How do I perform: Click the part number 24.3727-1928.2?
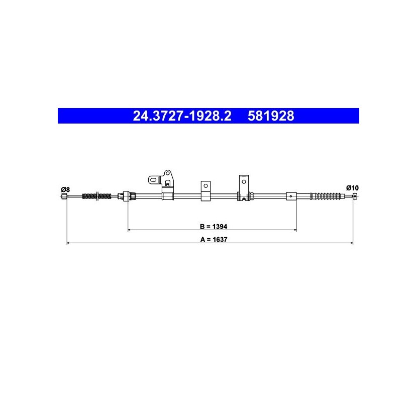[x=182, y=116]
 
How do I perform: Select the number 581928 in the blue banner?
[x=271, y=116]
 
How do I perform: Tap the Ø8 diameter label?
[x=65, y=189]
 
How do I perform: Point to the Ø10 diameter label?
[x=352, y=188]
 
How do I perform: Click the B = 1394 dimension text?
[x=214, y=227]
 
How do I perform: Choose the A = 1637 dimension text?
[x=214, y=240]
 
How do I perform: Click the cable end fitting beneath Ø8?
[x=64, y=196]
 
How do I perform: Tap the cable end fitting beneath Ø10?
[x=355, y=196]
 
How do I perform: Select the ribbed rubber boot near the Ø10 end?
[x=326, y=196]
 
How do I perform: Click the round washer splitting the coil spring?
[x=97, y=196]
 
